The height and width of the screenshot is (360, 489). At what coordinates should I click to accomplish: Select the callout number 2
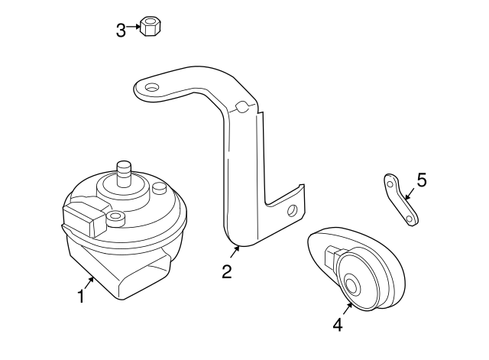(x=227, y=271)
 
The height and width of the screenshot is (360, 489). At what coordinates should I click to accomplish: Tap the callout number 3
(x=121, y=30)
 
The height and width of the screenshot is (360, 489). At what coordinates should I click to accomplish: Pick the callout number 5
(x=421, y=180)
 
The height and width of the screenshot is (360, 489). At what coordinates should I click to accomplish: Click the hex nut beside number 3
(x=151, y=28)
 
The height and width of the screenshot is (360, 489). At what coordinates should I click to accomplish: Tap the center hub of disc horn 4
(x=353, y=286)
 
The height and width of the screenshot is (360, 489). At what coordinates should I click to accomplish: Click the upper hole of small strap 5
(x=390, y=184)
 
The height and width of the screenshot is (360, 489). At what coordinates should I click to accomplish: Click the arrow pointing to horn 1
(x=89, y=284)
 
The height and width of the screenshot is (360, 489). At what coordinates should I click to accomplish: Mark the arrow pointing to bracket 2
(x=235, y=253)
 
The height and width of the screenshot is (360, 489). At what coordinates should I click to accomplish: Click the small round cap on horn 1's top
(x=159, y=188)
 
